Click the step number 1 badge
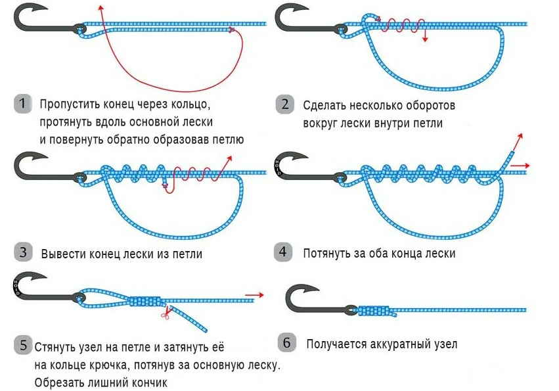point(22,104)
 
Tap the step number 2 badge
point(284,104)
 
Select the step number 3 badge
point(22,252)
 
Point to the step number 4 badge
point(283,252)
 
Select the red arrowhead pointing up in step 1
point(101,7)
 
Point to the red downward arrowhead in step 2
point(425,39)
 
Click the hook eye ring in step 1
point(80,30)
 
